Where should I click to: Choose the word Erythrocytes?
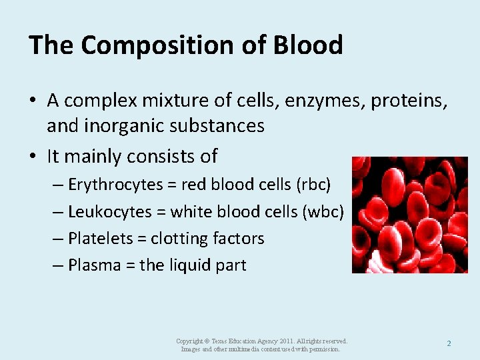[116, 185]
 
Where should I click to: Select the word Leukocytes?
[110, 212]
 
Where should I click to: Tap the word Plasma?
[93, 265]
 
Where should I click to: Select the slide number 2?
[449, 343]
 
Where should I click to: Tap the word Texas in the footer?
[223, 341]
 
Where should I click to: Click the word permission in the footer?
[324, 349]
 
